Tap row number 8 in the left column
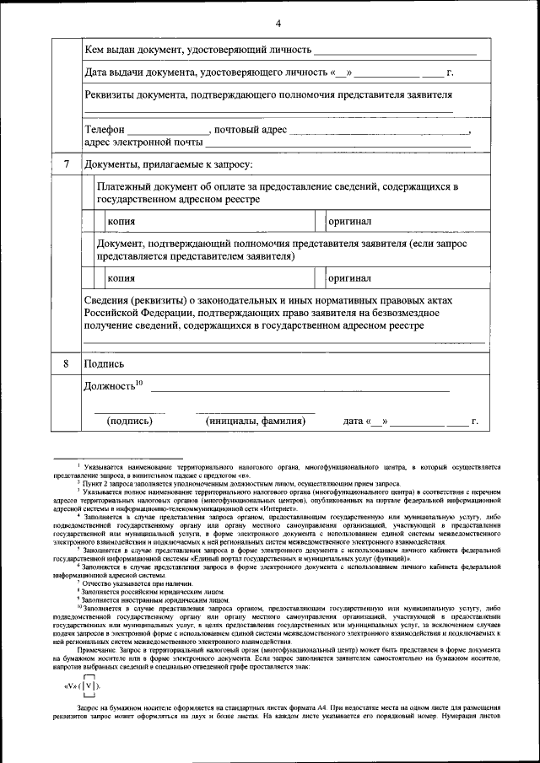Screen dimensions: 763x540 (x=66, y=364)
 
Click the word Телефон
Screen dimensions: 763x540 (x=105, y=131)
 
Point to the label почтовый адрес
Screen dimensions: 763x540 (x=251, y=131)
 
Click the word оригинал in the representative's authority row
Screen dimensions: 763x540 (x=350, y=278)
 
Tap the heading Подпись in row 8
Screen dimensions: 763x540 (x=105, y=364)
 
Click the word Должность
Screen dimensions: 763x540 (x=110, y=386)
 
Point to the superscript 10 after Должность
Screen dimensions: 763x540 (x=139, y=383)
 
